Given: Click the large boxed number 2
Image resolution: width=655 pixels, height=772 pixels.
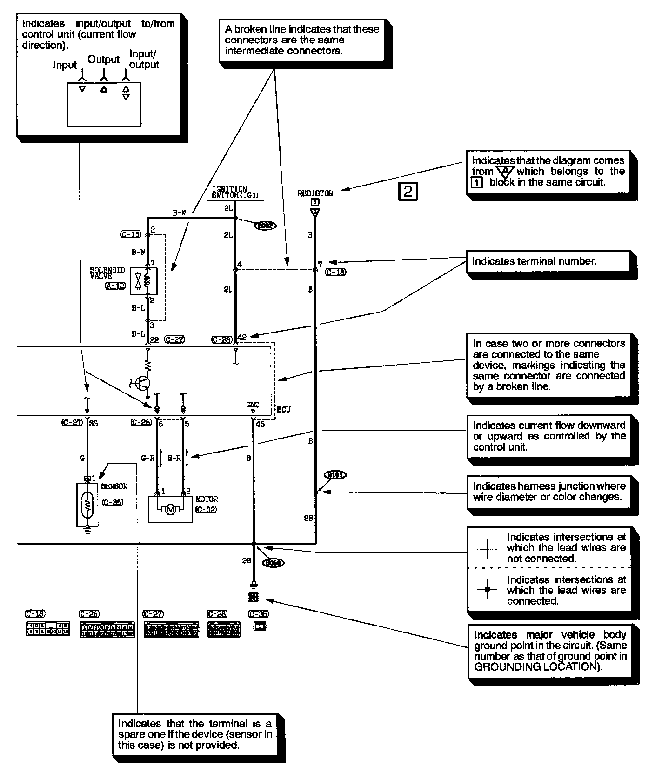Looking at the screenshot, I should point(408,191).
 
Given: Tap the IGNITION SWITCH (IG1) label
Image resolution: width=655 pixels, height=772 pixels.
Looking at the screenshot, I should point(229,193).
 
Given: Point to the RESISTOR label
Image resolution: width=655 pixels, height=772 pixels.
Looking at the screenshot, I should point(315,193).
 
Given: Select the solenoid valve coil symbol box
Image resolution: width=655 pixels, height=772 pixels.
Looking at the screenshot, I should point(144,281).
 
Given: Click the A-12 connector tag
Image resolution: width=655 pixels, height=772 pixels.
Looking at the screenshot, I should point(115,286).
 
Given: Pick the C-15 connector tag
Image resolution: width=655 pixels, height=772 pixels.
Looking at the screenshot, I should point(130,234).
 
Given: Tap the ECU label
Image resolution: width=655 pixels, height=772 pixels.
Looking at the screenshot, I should point(283,410).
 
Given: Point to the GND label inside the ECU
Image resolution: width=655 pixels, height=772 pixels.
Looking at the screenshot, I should point(253,405).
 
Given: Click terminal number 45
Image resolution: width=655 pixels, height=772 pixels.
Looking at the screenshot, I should point(260,424).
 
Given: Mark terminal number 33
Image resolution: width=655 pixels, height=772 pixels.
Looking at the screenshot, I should point(93,423).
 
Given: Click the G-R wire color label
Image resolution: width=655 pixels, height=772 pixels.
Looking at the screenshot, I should point(147,458).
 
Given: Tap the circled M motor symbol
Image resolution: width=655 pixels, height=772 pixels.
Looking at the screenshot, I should point(170,510).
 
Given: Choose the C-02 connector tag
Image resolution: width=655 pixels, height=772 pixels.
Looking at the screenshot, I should point(206,509).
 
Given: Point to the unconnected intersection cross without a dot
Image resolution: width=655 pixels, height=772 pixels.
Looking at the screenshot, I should point(487,549).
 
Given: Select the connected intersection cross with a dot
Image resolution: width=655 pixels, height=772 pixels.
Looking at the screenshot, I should point(487,589).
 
